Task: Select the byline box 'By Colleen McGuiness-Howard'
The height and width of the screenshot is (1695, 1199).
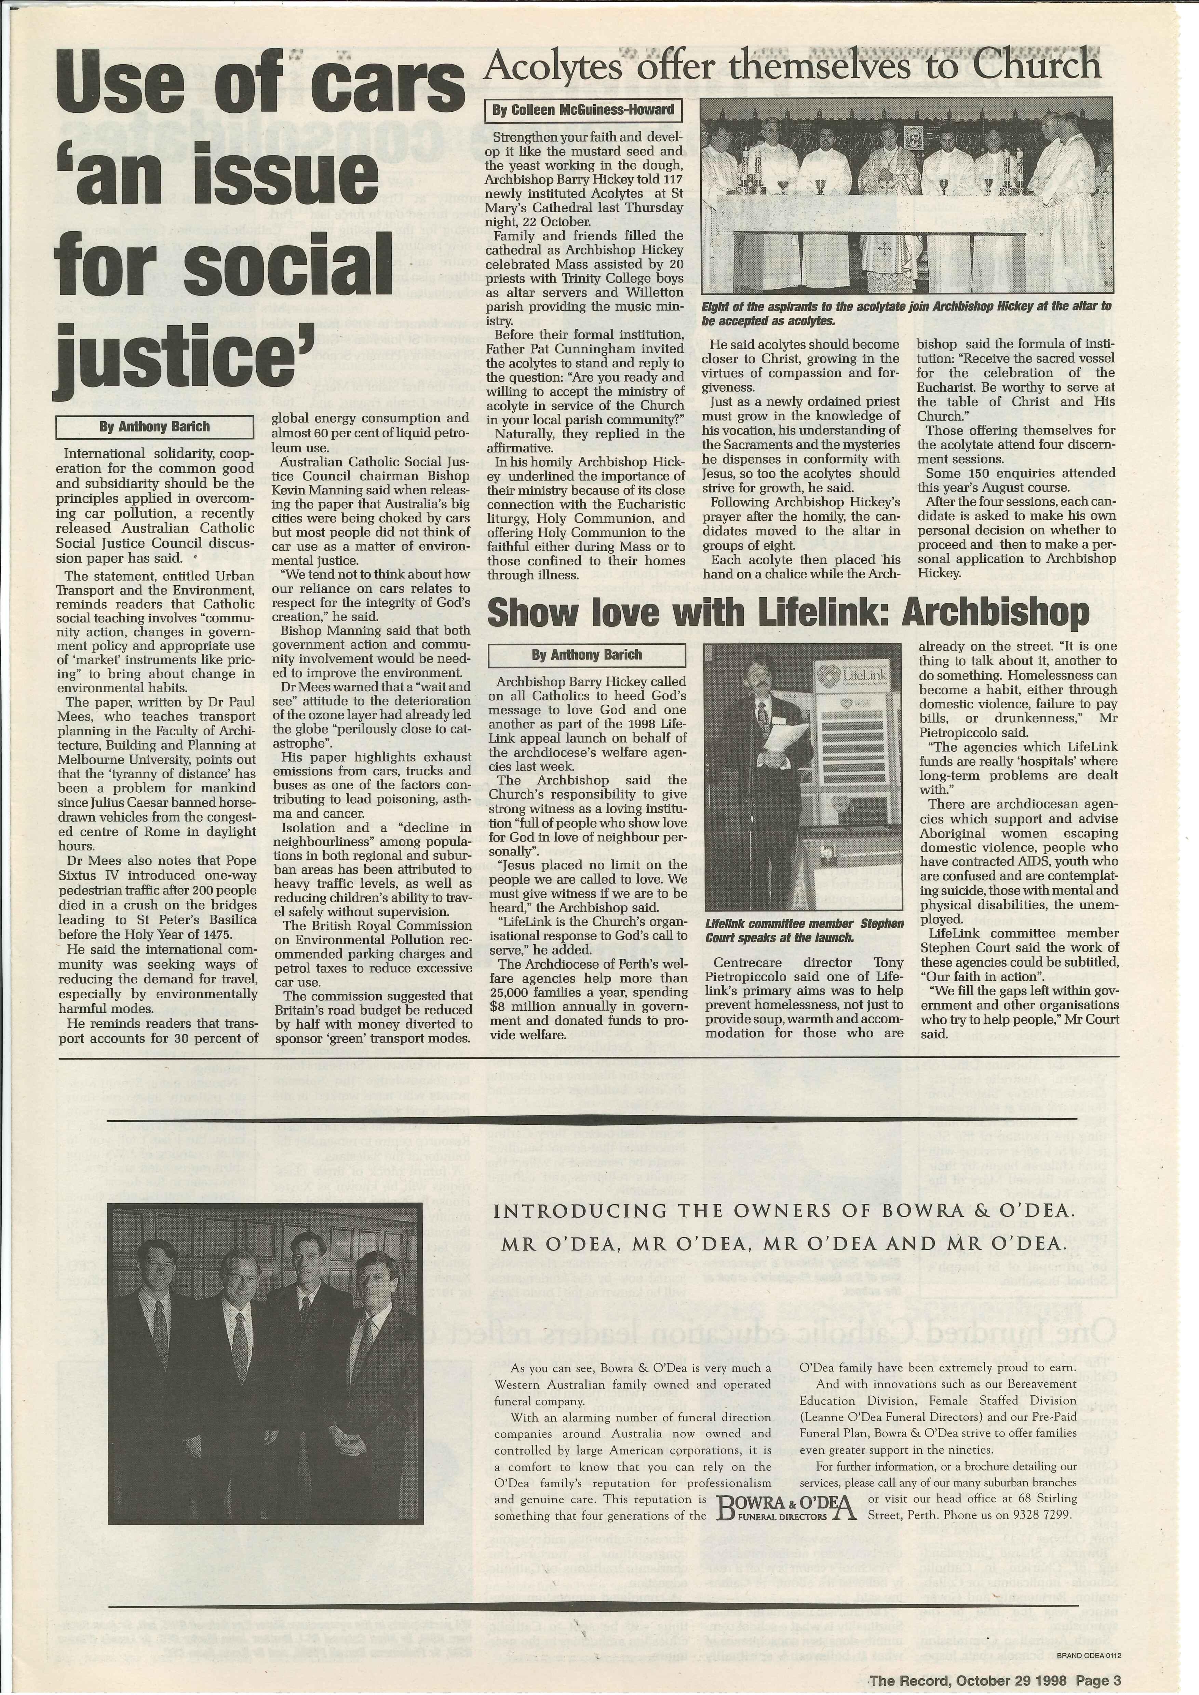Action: click(583, 111)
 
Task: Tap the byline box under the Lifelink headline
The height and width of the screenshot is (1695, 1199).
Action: click(587, 655)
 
